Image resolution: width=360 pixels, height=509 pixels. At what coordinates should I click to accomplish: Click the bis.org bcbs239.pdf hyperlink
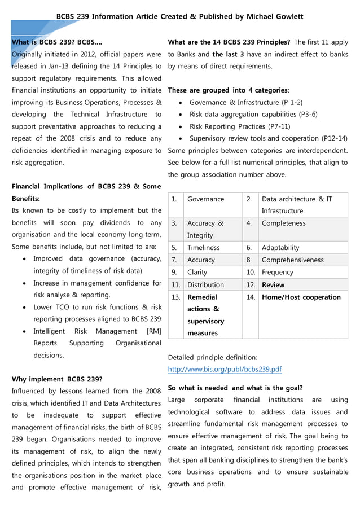coord(225,370)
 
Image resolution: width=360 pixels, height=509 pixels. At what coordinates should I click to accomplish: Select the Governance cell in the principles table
coord(205,199)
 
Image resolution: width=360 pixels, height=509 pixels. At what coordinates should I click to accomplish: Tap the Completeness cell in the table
coord(283,223)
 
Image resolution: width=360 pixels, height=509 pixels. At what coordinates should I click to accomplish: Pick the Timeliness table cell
coord(204,248)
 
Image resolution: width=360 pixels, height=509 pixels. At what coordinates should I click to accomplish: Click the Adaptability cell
coord(280,248)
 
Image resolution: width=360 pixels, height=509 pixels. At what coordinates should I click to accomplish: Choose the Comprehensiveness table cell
coord(292,260)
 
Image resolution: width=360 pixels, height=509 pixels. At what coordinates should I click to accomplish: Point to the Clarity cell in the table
coord(197,272)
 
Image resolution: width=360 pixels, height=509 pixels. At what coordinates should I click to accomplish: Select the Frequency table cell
coord(278,272)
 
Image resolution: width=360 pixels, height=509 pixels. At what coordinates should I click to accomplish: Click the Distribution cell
coord(205,285)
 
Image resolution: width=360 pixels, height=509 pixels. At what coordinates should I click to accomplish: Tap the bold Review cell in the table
coord(273,285)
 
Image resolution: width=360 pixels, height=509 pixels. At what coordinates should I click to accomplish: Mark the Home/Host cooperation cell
coord(301,297)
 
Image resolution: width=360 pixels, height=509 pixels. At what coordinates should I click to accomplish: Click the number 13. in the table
coord(176,297)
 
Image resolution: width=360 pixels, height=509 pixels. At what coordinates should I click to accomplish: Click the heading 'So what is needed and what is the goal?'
coord(235,388)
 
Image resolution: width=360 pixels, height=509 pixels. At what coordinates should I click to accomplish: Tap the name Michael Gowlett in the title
coord(275,17)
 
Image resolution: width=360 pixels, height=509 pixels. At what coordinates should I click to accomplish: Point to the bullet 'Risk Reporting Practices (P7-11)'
coord(240,126)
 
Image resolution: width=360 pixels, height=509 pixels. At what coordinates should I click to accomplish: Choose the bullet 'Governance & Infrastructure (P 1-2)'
coord(246,102)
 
